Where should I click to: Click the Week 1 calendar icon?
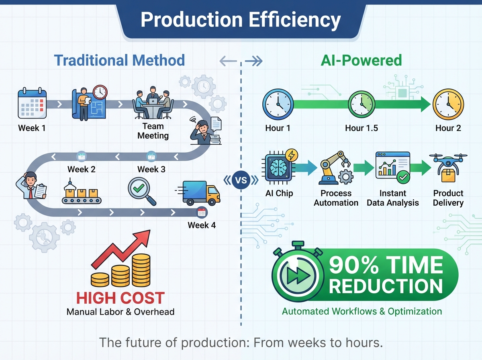[32, 103]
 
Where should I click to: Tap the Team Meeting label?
[153, 131]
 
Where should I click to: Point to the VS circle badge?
[242, 180]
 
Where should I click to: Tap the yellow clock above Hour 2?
[448, 105]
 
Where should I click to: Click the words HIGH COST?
[120, 298]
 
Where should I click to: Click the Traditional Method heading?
[119, 60]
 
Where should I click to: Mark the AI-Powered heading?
[361, 60]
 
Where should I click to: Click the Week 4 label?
[202, 225]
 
